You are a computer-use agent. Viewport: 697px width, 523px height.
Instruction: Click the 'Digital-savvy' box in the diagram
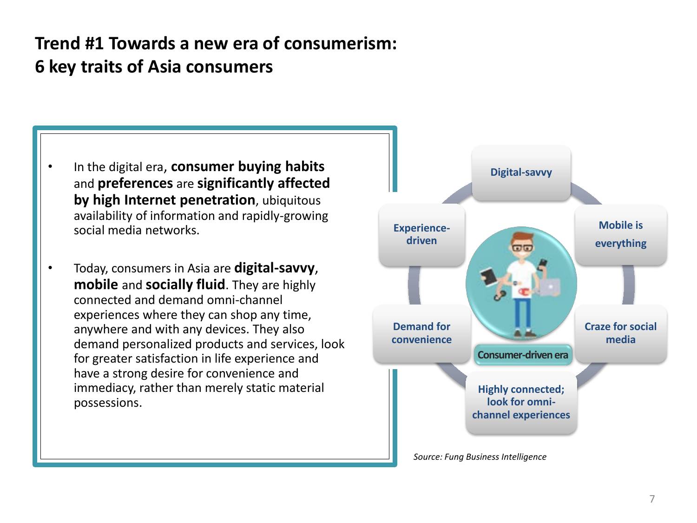[x=521, y=173]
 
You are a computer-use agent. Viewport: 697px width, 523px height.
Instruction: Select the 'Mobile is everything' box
[x=620, y=235]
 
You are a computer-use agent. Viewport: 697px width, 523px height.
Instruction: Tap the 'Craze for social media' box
[x=620, y=333]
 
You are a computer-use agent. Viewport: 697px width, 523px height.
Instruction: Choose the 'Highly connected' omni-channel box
[x=521, y=402]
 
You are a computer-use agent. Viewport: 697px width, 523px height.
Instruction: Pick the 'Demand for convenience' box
[x=421, y=333]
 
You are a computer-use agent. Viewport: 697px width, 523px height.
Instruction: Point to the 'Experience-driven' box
[x=422, y=235]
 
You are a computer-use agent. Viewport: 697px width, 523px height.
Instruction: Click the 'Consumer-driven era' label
[x=523, y=355]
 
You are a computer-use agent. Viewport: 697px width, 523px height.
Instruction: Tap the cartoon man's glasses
[x=522, y=248]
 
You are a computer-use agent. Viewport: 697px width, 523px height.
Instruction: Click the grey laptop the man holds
[x=550, y=286]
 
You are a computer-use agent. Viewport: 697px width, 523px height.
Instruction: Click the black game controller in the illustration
[x=500, y=295]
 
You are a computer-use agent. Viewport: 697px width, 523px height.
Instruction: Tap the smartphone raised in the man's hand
[x=543, y=264]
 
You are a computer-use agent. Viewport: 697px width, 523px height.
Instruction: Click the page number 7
[x=652, y=499]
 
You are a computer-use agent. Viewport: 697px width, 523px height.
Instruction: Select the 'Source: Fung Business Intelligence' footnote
[x=480, y=457]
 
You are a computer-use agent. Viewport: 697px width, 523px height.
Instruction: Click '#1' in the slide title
[x=94, y=44]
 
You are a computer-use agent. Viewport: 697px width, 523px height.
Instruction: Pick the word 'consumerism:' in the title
[x=340, y=44]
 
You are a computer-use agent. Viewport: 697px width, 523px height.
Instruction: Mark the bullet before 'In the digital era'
[x=50, y=166]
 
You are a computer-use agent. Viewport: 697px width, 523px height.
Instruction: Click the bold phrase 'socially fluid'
[x=185, y=284]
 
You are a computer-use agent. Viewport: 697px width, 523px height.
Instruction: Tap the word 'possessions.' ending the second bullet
[x=108, y=403]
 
